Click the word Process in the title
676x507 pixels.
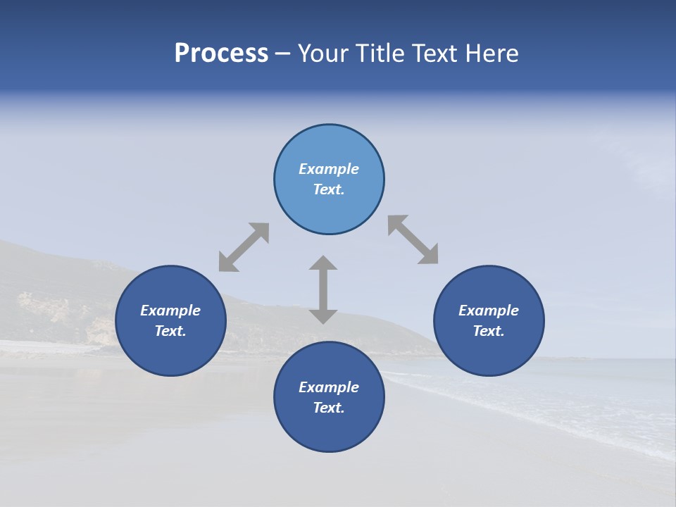[221, 54]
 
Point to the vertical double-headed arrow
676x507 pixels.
[323, 290]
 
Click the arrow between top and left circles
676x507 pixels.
[244, 247]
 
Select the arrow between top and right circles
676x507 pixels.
[413, 239]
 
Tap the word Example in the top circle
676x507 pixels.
[329, 169]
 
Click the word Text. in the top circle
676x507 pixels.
[329, 189]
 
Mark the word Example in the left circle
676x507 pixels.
[170, 311]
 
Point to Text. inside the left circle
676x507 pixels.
[170, 331]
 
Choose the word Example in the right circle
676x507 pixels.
[489, 311]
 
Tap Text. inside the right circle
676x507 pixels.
[489, 331]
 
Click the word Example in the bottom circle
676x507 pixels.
[329, 387]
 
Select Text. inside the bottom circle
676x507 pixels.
[329, 408]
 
